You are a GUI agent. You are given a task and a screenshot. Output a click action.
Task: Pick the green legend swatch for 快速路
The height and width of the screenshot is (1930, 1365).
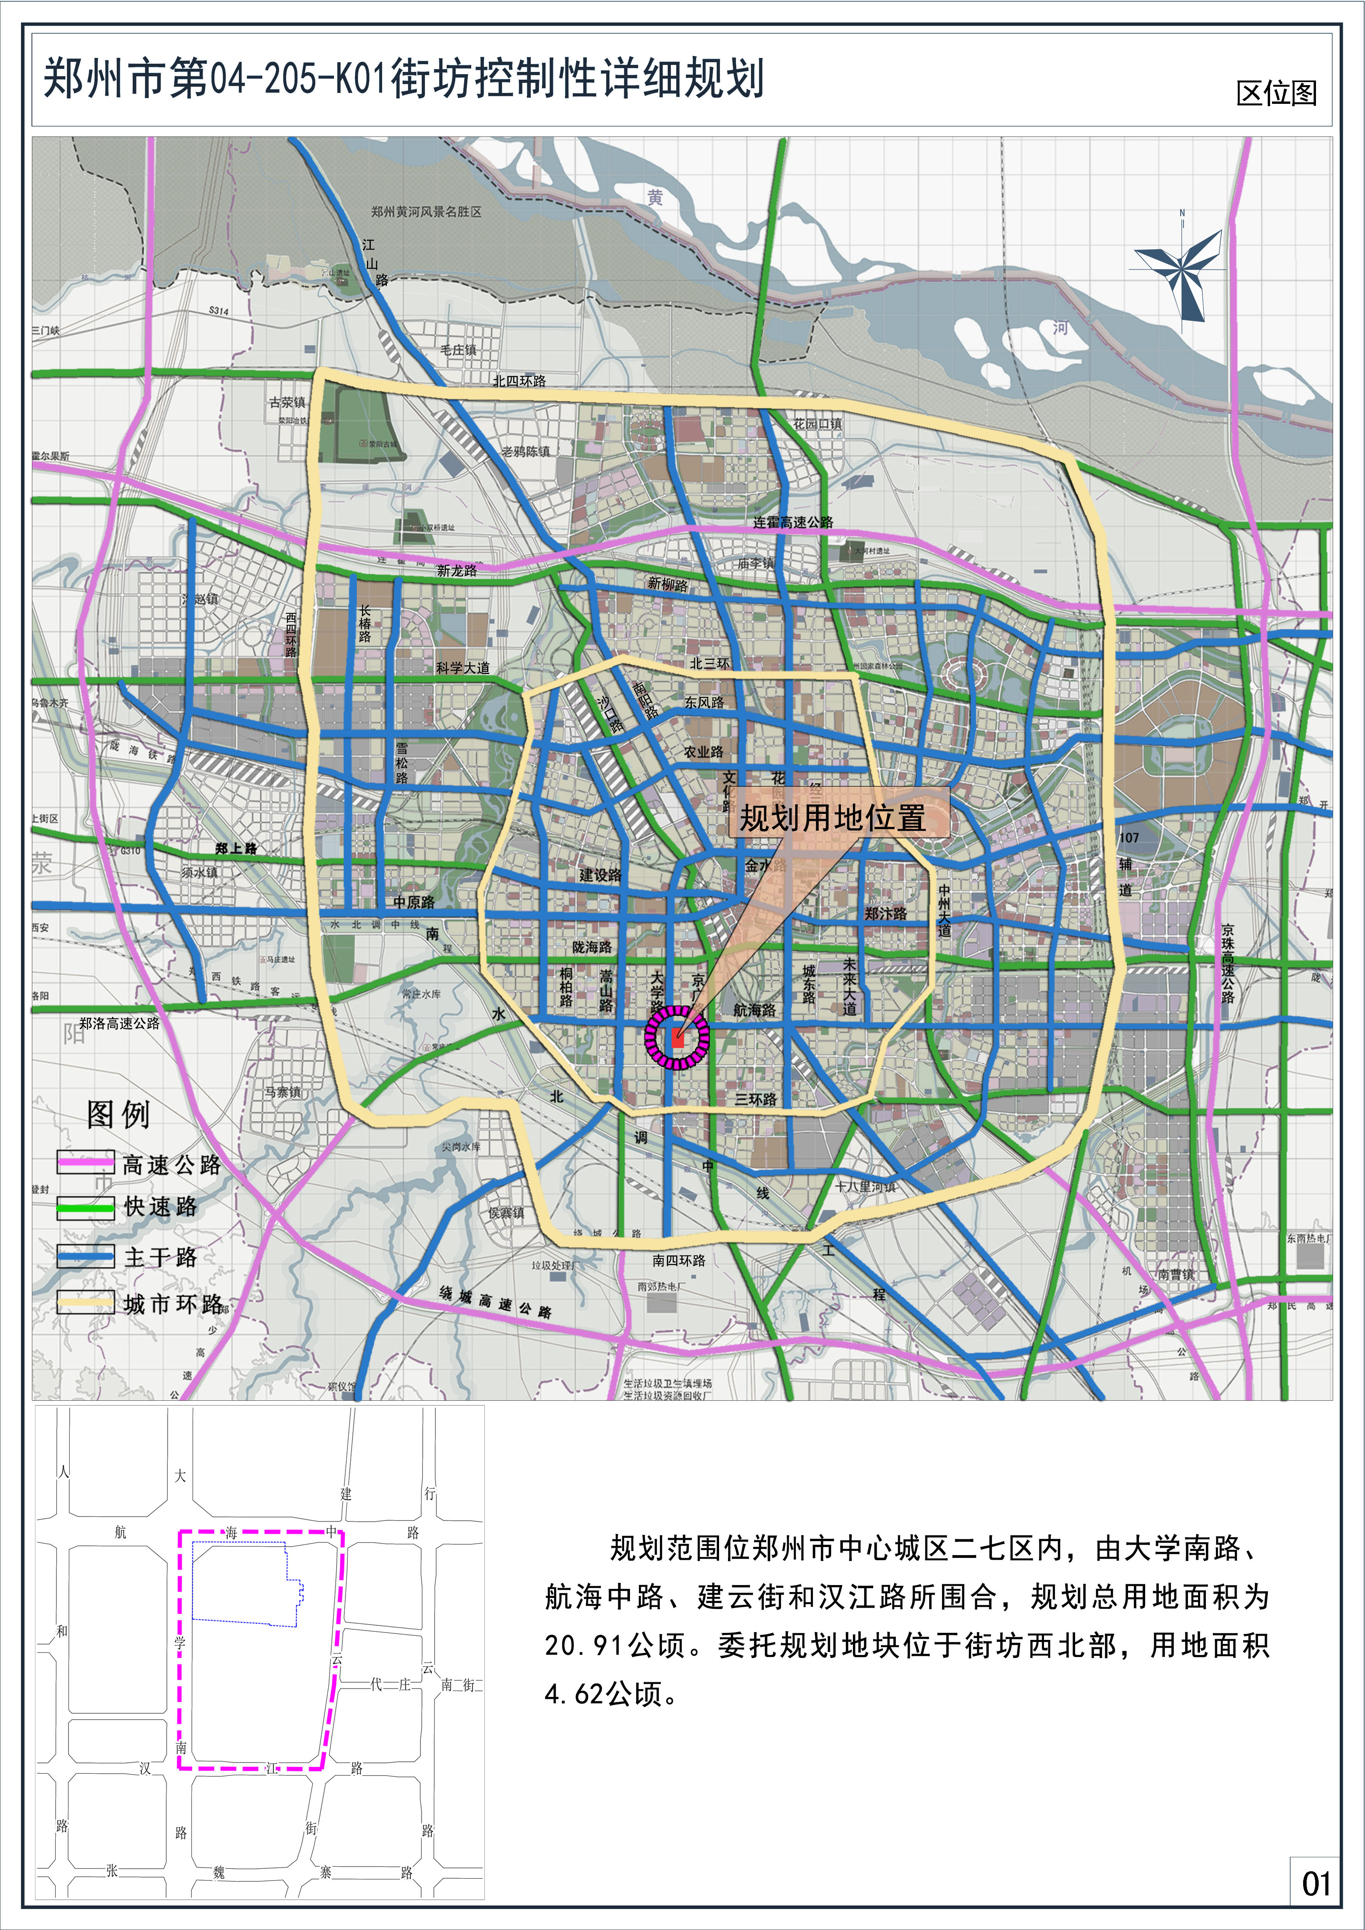tap(85, 1208)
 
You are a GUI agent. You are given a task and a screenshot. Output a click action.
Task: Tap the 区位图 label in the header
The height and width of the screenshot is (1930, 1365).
tap(1276, 93)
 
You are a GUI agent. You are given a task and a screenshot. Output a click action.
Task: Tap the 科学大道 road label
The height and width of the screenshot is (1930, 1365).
tap(463, 667)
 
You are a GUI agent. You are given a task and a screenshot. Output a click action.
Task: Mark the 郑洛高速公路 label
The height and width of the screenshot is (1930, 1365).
tap(119, 1023)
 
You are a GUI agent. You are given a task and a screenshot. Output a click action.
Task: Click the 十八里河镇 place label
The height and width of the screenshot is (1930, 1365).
tap(865, 1186)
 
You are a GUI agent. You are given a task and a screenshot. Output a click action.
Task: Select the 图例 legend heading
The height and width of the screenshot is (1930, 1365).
tap(118, 1115)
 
